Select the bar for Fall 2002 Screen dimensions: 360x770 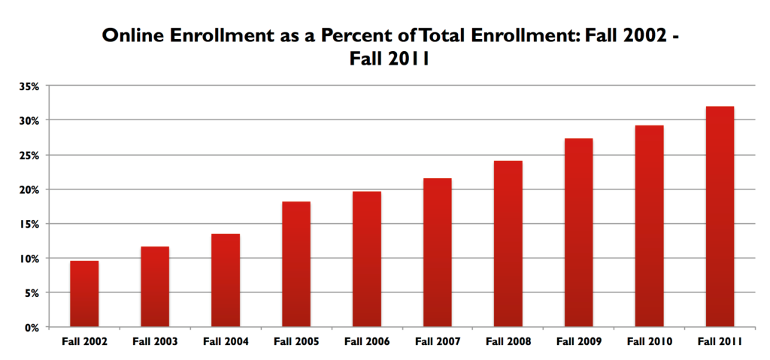[x=84, y=294]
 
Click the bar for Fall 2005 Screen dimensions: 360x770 [x=296, y=264]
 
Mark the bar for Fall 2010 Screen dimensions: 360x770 [x=649, y=225]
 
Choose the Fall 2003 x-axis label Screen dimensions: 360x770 [x=155, y=342]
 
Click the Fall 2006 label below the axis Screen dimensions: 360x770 [x=367, y=342]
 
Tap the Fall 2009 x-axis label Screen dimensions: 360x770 [x=578, y=342]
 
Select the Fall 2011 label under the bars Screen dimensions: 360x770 [x=720, y=342]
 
